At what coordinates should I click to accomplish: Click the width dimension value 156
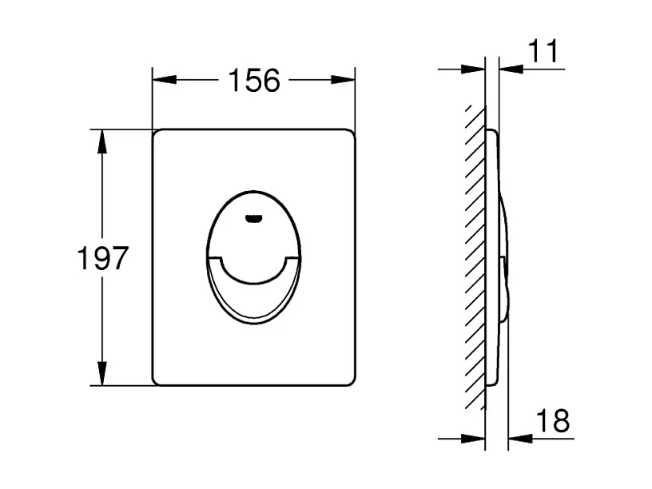pos(254,80)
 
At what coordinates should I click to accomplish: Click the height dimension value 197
pos(102,258)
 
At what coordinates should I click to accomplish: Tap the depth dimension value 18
pos(551,420)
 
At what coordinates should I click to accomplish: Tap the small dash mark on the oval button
pos(253,217)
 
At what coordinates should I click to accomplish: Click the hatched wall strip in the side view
pos(476,256)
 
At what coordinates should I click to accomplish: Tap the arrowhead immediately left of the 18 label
pos(519,438)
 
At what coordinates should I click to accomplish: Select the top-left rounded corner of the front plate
pos(157,133)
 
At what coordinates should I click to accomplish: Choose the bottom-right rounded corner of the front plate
pos(350,380)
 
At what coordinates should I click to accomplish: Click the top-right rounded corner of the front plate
pos(350,133)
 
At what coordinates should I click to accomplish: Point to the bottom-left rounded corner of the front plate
pos(157,380)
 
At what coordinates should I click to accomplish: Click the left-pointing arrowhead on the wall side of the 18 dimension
pos(475,438)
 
